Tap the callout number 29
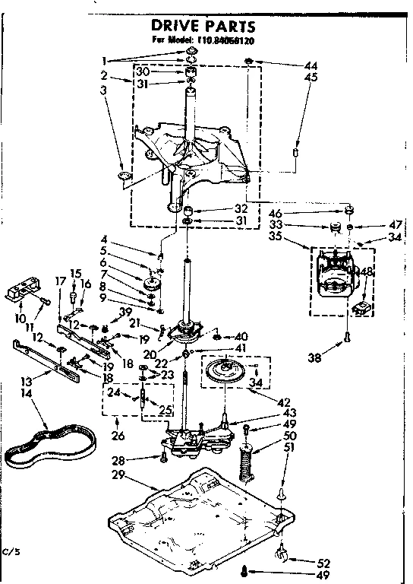[116, 475]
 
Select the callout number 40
[242, 336]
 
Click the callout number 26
[116, 436]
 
